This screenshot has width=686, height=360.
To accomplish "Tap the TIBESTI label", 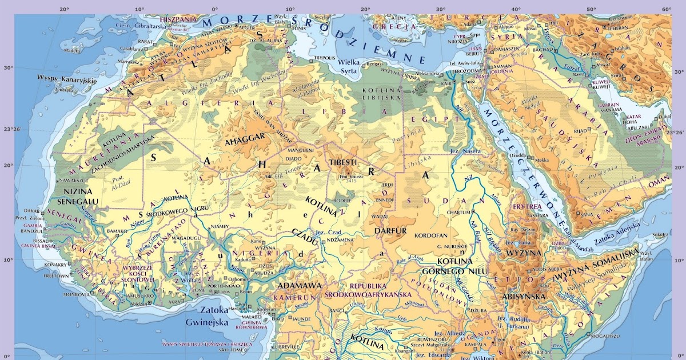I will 343,163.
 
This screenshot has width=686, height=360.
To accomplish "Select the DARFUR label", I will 390,231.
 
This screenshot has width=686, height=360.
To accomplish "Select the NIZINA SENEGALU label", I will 81,196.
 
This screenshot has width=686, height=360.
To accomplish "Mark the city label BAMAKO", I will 117,230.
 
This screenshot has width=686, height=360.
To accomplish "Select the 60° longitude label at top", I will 666,9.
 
